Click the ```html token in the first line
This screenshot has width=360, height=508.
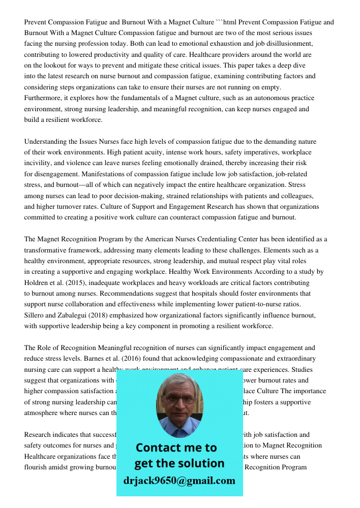tap(227, 22)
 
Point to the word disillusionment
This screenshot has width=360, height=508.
tap(287, 44)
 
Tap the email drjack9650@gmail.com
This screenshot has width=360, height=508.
tap(179, 481)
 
